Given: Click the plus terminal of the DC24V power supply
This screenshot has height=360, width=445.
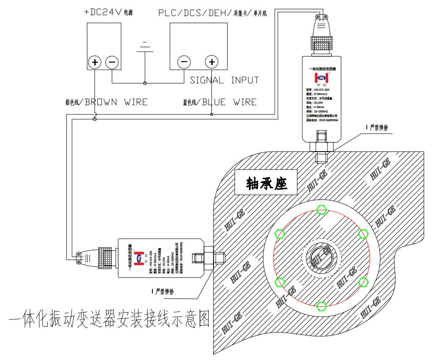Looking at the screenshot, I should point(95,62).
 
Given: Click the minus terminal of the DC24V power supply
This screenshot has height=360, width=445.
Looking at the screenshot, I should point(112,62).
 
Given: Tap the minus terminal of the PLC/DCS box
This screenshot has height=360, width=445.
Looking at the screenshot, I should point(184,62).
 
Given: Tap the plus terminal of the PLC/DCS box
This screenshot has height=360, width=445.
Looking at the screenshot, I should point(212,62).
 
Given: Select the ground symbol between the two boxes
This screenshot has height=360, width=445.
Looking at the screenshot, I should point(145,48).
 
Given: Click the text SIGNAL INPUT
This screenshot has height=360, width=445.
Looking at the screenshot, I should point(224,80).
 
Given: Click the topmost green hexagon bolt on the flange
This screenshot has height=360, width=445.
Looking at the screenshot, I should point(321,210).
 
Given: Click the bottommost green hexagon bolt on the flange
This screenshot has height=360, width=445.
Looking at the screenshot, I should point(321,306).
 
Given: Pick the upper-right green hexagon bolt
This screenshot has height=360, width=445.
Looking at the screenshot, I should point(363,234).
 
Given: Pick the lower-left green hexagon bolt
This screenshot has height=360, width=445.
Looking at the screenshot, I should point(279,282).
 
